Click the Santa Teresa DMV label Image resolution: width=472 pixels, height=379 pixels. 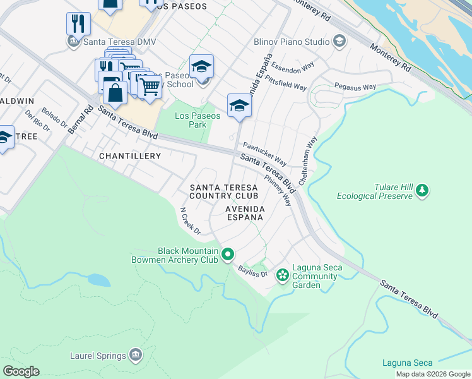tap(119, 42)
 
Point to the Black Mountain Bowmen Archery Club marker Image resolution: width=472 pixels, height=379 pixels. tap(228, 255)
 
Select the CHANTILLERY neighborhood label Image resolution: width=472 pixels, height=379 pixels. tap(129, 155)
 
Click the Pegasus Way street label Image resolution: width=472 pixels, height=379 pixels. tap(355, 86)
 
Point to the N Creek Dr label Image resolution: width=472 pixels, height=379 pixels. tap(190, 221)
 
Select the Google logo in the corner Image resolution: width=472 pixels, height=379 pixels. tap(21, 371)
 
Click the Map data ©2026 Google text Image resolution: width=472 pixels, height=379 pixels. tap(432, 374)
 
